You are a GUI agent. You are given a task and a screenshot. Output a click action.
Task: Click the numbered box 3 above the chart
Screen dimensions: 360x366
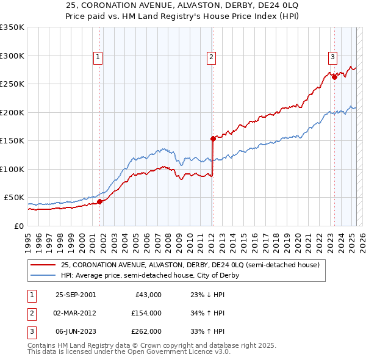332,57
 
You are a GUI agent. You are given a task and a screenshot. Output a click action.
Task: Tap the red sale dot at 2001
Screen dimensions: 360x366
100,201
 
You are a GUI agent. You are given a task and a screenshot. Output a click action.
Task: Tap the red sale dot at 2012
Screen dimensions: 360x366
213,139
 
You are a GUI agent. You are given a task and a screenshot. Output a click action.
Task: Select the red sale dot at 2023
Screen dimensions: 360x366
334,77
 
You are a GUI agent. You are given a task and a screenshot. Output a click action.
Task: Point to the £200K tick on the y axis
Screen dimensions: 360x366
12,112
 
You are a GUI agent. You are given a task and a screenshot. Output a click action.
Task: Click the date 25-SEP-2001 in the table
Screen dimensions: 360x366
76,295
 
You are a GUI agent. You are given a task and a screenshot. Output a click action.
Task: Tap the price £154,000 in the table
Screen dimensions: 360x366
146,313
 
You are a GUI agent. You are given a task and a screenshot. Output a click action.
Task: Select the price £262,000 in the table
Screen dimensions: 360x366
146,331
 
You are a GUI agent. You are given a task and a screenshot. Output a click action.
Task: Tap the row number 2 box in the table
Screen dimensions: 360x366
30,313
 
